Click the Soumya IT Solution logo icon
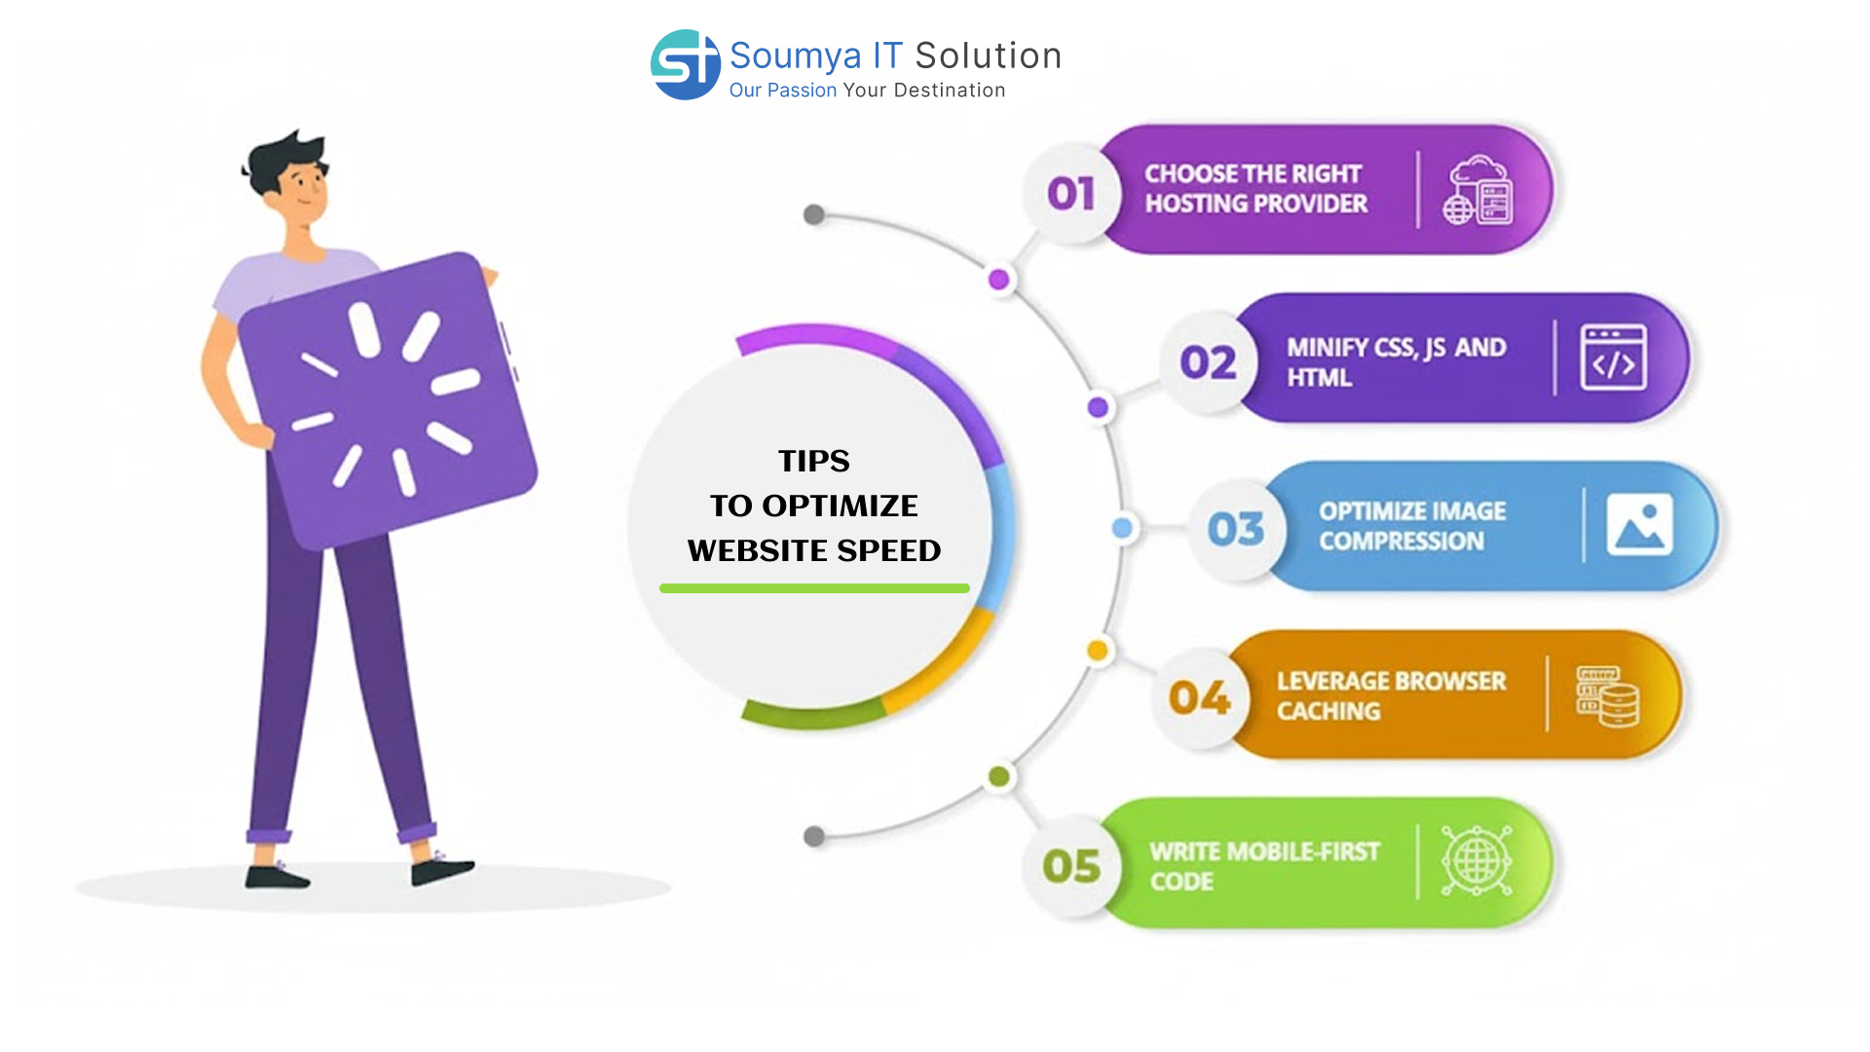pos(685,64)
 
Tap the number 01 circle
pos(1071,193)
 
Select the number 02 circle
pos(1208,362)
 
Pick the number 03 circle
pos(1236,529)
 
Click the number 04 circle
pos(1200,697)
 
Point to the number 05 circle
pos(1071,866)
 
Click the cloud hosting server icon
pos(1477,190)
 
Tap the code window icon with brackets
pos(1613,357)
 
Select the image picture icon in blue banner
pos(1639,525)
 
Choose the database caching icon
pos(1608,695)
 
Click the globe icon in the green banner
pos(1477,861)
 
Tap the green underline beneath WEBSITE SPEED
pos(814,588)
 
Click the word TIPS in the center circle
pos(814,461)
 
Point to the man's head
pos(292,180)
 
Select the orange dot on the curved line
pos(1098,651)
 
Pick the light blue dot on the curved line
pos(1123,528)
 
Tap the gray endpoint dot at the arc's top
pos(814,214)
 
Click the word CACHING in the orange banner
pos(1328,711)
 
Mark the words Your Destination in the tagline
pos(924,91)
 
